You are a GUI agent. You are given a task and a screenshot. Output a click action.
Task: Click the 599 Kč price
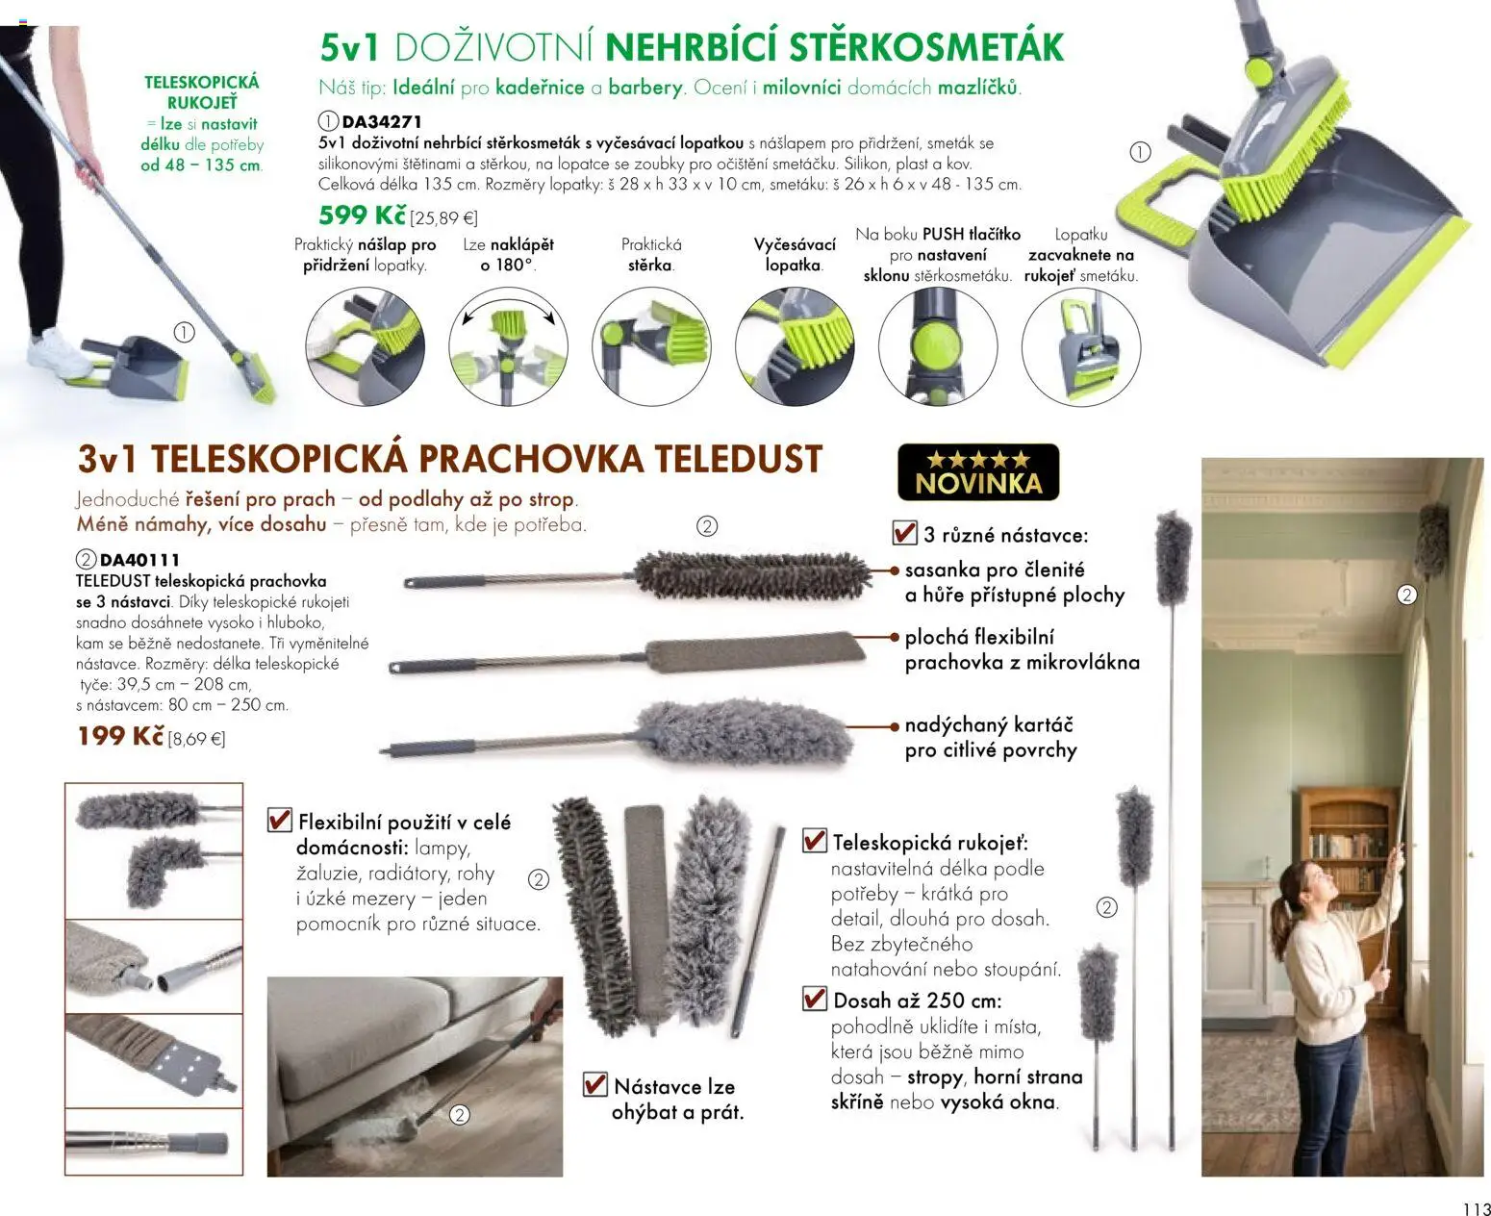coord(363,215)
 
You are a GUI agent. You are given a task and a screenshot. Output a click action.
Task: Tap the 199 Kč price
coord(120,736)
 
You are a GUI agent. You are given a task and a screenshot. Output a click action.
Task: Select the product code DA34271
coord(382,122)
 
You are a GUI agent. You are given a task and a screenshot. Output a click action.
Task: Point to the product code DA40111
coord(139,559)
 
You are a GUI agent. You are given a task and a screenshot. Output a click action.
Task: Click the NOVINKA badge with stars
coord(977,472)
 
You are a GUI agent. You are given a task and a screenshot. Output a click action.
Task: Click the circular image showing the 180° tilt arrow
coord(508,346)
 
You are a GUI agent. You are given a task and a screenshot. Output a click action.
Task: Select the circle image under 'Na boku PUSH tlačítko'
coord(937,346)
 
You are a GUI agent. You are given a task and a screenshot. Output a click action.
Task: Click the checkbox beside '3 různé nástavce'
coord(904,533)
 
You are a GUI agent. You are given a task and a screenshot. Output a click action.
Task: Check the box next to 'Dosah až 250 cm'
coord(815,999)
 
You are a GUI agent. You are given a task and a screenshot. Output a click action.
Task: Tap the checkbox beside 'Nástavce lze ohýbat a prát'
coord(595,1085)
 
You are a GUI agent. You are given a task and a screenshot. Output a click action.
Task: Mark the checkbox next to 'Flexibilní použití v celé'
coord(279,821)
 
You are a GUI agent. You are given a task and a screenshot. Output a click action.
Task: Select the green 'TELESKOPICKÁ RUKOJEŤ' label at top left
coord(202,92)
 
